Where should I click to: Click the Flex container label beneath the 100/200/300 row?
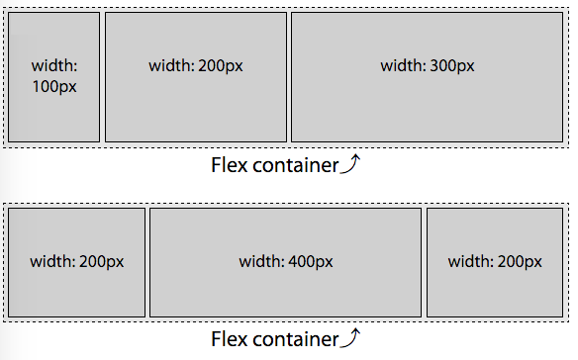(x=275, y=165)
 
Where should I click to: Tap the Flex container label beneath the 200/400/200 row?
(x=275, y=339)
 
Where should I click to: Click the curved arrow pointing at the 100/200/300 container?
(x=350, y=163)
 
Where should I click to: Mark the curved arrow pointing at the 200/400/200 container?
(x=350, y=337)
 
